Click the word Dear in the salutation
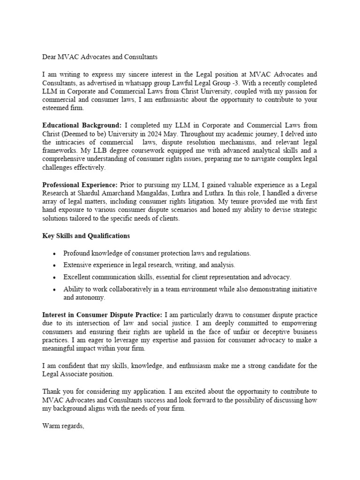click(50, 57)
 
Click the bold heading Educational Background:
click(82, 126)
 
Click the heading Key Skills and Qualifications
click(86, 236)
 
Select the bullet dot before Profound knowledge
click(55, 254)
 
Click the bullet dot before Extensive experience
click(55, 265)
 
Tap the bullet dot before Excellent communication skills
click(55, 277)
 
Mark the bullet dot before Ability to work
click(55, 289)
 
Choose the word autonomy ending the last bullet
click(91, 298)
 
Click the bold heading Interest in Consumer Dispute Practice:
click(102, 315)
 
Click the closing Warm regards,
click(63, 426)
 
